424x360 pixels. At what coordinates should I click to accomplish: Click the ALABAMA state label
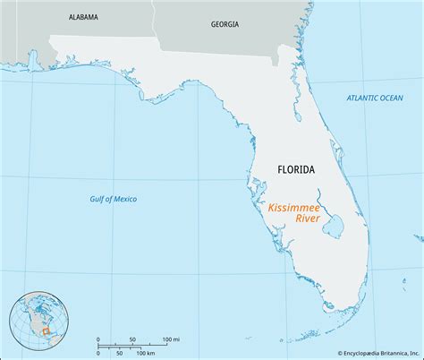[82, 17]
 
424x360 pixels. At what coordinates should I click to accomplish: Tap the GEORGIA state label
[225, 25]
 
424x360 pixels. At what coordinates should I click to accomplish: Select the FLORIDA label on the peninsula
[295, 168]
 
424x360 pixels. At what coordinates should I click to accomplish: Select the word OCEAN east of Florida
[397, 98]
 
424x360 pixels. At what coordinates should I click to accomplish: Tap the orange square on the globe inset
[42, 332]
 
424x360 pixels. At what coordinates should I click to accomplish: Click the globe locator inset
[39, 321]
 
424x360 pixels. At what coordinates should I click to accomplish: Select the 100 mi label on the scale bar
[171, 339]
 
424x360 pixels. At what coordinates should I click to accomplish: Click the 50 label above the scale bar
[132, 339]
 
